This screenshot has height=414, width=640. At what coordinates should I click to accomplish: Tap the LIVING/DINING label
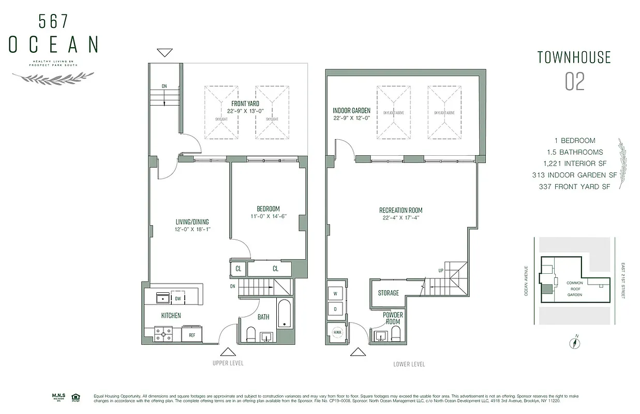[192, 222]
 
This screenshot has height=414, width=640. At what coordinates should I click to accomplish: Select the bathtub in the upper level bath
[285, 313]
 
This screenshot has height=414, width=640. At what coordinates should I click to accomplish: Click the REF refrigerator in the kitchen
[191, 335]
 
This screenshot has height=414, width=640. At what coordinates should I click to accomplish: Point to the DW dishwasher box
[177, 299]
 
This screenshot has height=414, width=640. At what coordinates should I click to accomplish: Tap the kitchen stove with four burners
[163, 334]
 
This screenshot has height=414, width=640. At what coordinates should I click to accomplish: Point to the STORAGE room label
[388, 293]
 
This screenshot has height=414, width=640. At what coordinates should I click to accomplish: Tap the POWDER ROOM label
[393, 318]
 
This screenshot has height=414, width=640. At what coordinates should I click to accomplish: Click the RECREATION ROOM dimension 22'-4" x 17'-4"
[400, 218]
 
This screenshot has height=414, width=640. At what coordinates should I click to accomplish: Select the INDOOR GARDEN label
[351, 111]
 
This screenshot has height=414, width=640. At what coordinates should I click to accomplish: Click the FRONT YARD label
[245, 103]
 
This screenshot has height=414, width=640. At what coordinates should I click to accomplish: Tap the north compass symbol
[575, 343]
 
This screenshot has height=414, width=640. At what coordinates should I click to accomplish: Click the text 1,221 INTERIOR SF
[575, 164]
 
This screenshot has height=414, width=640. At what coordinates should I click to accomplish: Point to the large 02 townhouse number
[574, 82]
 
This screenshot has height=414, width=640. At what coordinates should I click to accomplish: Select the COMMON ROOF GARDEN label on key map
[574, 289]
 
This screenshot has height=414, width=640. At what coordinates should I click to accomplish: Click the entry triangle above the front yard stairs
[165, 52]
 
